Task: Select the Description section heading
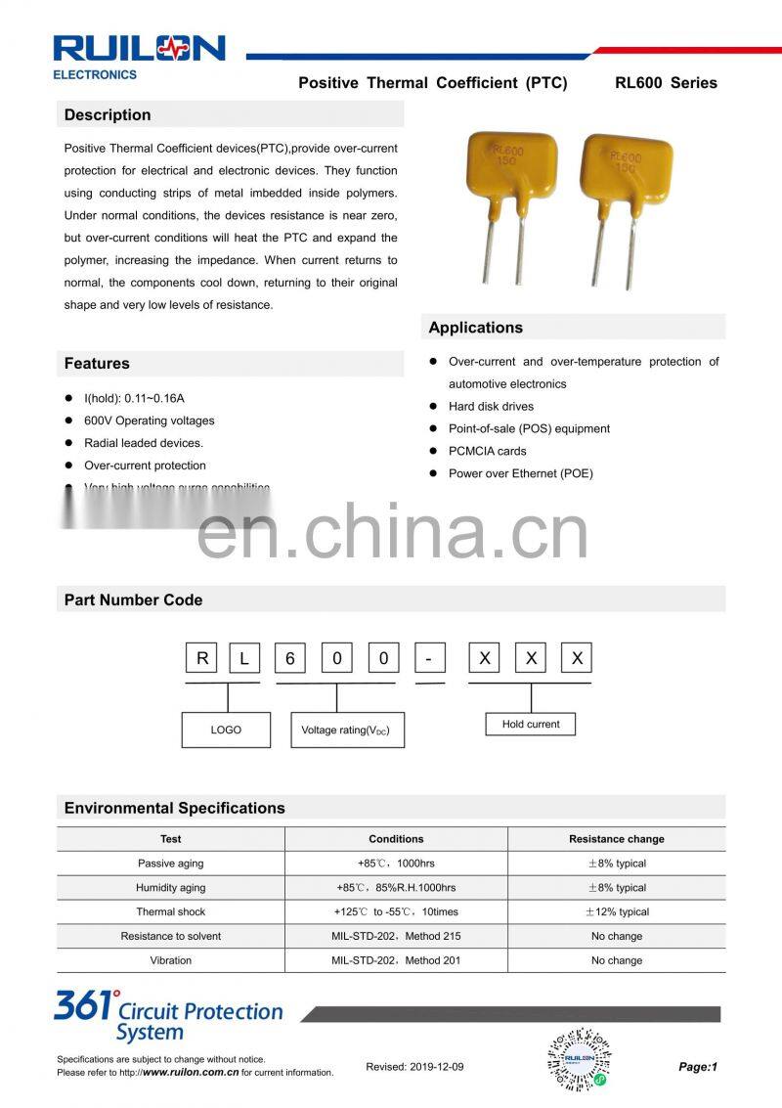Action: (108, 115)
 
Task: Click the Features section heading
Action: (97, 364)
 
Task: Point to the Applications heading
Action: (475, 328)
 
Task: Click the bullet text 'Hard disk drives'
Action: (491, 407)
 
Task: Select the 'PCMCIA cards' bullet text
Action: (487, 452)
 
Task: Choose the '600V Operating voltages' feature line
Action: (149, 421)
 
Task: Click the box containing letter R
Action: (202, 658)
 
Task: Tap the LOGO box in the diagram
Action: (226, 730)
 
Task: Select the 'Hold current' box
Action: (531, 725)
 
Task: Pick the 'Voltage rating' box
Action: (346, 730)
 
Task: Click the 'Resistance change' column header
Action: (616, 839)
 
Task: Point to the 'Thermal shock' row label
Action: (170, 912)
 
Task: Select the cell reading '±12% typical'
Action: (616, 912)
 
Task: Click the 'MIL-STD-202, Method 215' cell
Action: (396, 937)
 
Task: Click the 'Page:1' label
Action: (698, 1067)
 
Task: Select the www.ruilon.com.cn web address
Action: (191, 1073)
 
